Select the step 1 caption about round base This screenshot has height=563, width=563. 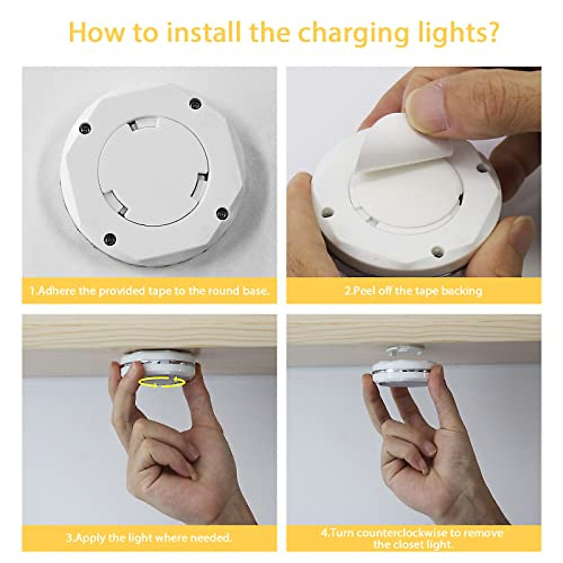[150, 290]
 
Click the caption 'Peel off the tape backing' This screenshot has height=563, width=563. [413, 290]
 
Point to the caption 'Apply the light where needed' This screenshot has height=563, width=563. [149, 537]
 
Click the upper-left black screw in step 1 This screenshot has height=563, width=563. [84, 127]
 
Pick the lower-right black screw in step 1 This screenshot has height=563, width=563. [221, 213]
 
